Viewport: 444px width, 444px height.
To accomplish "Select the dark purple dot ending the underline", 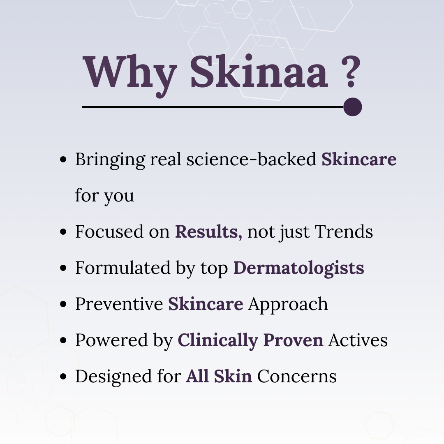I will click(352, 107).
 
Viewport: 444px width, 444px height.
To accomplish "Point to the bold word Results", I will click(207, 232).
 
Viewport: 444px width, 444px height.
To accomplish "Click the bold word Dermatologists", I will click(298, 268).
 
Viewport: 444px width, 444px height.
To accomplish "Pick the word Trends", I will click(344, 232).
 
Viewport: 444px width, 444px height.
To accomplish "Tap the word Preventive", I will click(119, 304).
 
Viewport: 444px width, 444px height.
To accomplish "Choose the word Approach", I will click(288, 304).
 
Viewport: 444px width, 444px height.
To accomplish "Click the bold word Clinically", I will click(218, 340).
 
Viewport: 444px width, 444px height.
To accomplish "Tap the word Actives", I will click(358, 340).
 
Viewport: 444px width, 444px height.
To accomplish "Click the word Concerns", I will click(297, 377).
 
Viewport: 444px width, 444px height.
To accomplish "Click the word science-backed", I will click(251, 160).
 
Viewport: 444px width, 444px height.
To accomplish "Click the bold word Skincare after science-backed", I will click(359, 160).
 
